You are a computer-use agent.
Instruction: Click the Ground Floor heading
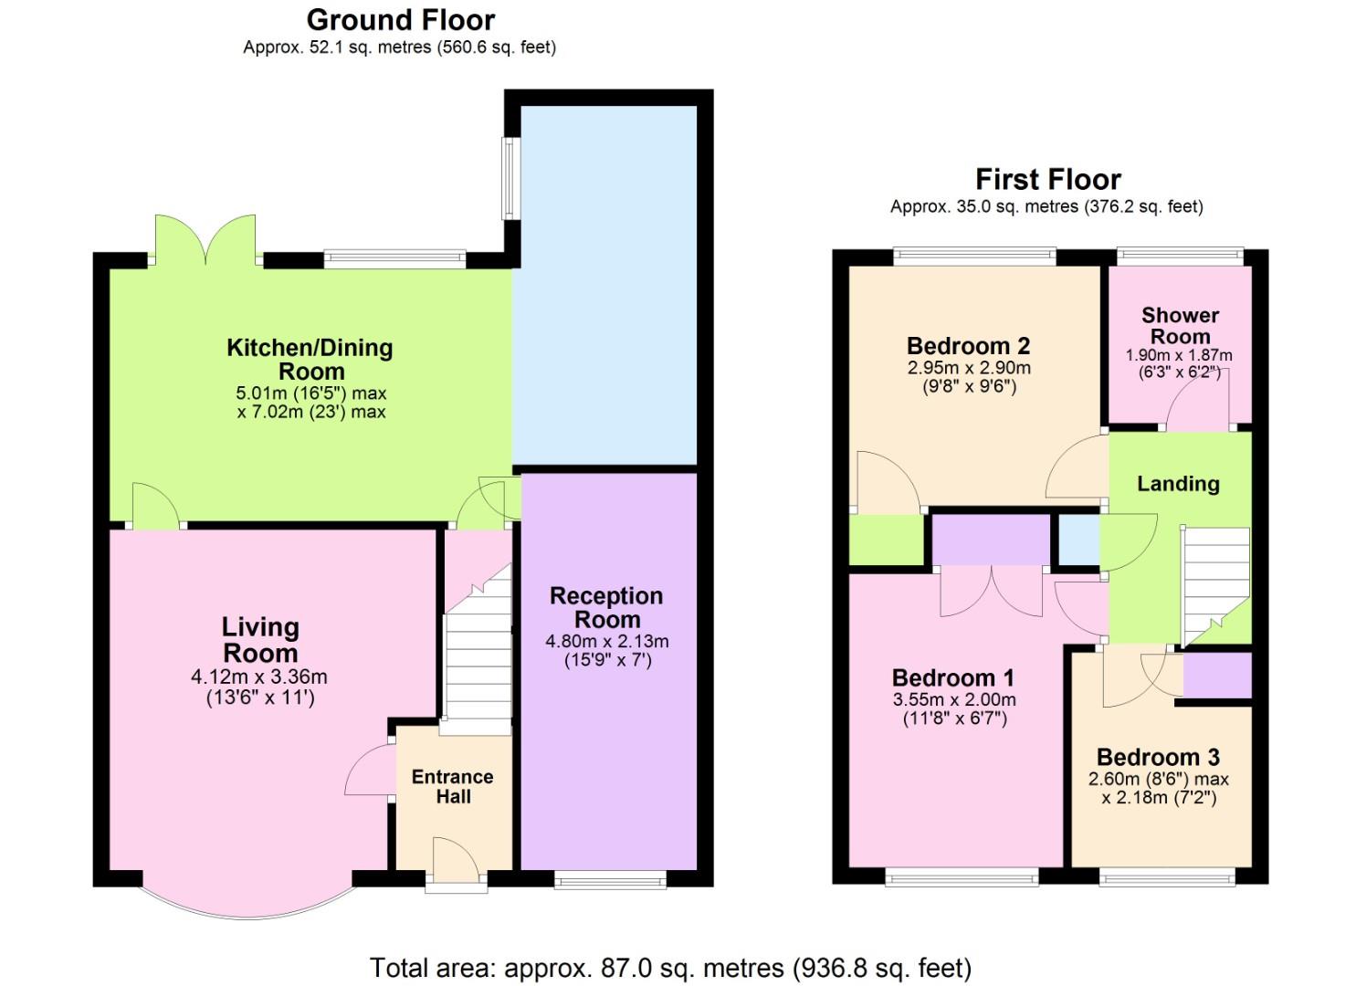click(x=401, y=20)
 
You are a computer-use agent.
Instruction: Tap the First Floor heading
click(x=1048, y=179)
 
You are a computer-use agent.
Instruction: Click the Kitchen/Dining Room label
click(x=310, y=359)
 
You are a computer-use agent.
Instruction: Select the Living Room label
click(x=260, y=640)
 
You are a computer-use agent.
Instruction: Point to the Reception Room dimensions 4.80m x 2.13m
click(x=607, y=641)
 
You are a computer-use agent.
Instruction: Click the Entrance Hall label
click(x=453, y=786)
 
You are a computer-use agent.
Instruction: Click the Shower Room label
click(x=1180, y=326)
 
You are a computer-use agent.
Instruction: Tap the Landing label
click(x=1178, y=484)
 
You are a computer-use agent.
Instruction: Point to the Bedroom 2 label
click(x=969, y=346)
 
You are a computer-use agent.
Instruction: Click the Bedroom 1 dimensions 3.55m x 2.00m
click(x=954, y=699)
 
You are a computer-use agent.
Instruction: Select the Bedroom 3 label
click(x=1159, y=757)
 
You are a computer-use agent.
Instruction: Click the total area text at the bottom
click(x=671, y=968)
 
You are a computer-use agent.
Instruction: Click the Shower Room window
click(x=1180, y=257)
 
